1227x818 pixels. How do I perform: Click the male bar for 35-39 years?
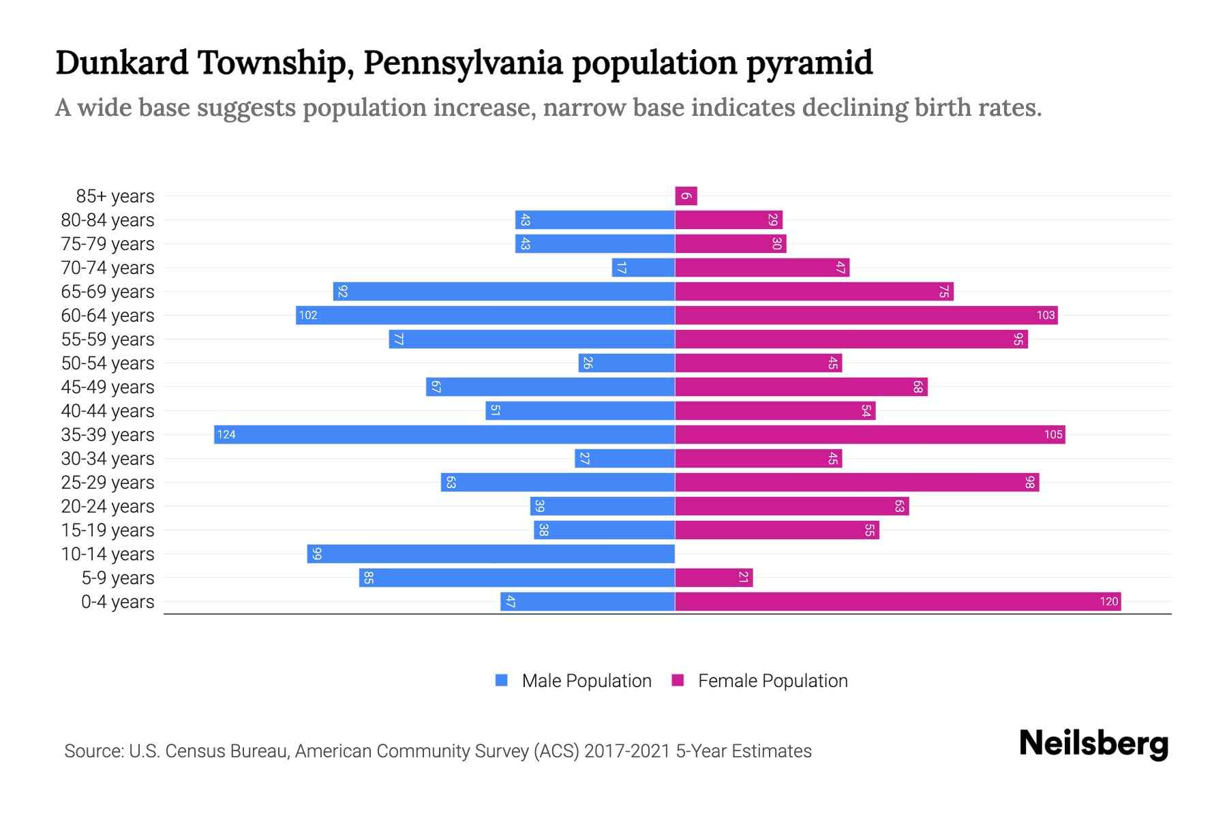pyautogui.click(x=444, y=435)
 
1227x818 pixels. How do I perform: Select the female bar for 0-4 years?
pyautogui.click(x=898, y=602)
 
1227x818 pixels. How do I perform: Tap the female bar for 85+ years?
pyautogui.click(x=686, y=196)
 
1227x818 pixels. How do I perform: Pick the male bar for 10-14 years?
pyautogui.click(x=491, y=554)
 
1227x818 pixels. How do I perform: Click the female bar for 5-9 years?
pyautogui.click(x=714, y=578)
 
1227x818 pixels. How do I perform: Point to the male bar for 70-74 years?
pyautogui.click(x=643, y=268)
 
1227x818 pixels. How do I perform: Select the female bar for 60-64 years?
pyautogui.click(x=866, y=316)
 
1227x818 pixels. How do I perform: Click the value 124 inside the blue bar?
pyautogui.click(x=226, y=435)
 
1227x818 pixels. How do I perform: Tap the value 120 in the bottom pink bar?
pyautogui.click(x=1108, y=602)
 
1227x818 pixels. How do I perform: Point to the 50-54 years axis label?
pyautogui.click(x=108, y=363)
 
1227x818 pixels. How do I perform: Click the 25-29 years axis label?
pyautogui.click(x=108, y=483)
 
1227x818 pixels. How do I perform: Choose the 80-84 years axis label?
pyautogui.click(x=108, y=220)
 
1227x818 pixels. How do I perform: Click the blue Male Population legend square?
pyautogui.click(x=502, y=680)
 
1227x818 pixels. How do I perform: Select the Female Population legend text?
pyautogui.click(x=772, y=681)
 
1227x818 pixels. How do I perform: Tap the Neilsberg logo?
pyautogui.click(x=1093, y=744)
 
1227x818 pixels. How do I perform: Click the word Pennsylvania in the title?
pyautogui.click(x=463, y=63)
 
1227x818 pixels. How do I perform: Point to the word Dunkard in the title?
pyautogui.click(x=122, y=63)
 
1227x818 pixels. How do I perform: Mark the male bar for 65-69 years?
pyautogui.click(x=504, y=292)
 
